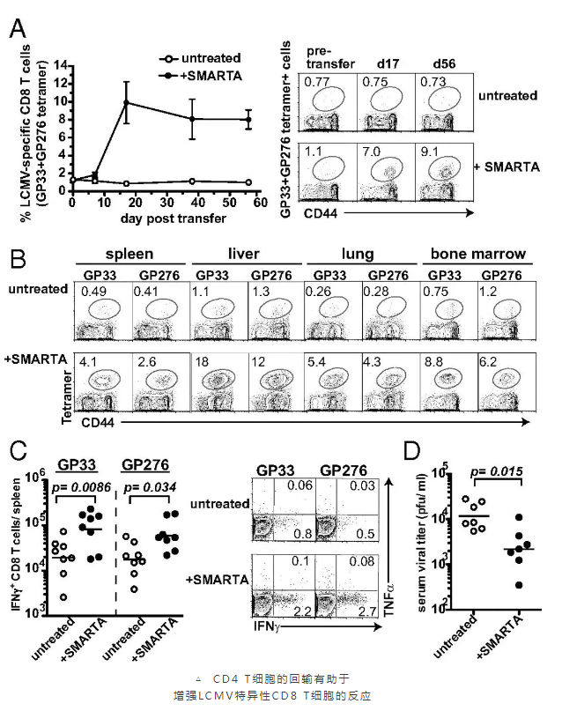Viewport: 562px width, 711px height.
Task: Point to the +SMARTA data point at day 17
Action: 127,103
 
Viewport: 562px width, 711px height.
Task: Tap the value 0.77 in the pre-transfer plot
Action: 315,82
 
